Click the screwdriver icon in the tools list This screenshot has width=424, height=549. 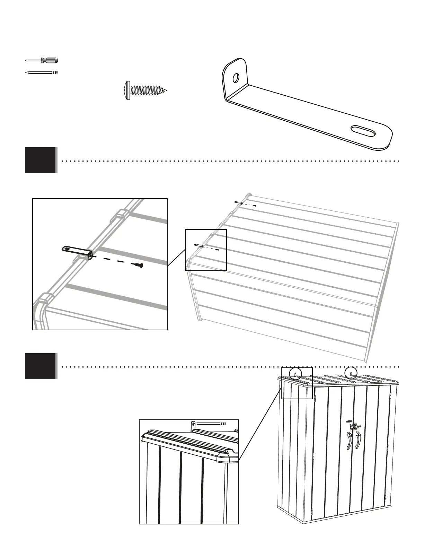coord(42,60)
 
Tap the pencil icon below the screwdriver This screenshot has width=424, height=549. coord(41,72)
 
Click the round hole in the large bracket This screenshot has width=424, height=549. coord(236,78)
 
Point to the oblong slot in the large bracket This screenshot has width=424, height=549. coord(363,132)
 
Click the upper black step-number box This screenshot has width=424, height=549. coord(40,160)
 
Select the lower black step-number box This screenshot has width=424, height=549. coord(40,366)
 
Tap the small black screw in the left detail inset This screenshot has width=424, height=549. coord(139,265)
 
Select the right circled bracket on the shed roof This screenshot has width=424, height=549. coord(351,373)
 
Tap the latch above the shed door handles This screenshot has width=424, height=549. coord(354,426)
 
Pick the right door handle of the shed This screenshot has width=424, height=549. coord(358,440)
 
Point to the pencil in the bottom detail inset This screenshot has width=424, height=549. coord(210,424)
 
